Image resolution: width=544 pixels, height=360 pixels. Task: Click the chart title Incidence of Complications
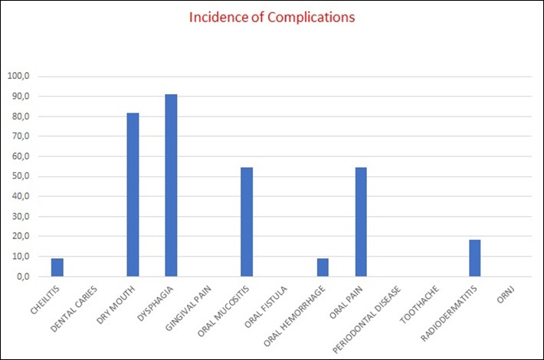(x=272, y=17)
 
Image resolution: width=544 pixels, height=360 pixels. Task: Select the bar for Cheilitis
(x=57, y=267)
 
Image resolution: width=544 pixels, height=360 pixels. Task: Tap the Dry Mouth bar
(x=133, y=195)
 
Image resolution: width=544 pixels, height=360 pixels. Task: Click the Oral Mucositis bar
(x=247, y=221)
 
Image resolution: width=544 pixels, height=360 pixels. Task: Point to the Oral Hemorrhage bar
(x=323, y=267)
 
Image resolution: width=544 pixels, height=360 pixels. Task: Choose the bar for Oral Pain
(x=361, y=221)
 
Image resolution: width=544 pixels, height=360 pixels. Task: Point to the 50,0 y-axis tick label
(x=19, y=176)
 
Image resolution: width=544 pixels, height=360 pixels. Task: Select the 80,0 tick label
(x=19, y=116)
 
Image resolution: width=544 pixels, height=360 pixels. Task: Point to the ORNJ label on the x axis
(x=506, y=296)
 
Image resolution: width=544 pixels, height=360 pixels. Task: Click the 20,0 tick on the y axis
(x=19, y=236)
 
